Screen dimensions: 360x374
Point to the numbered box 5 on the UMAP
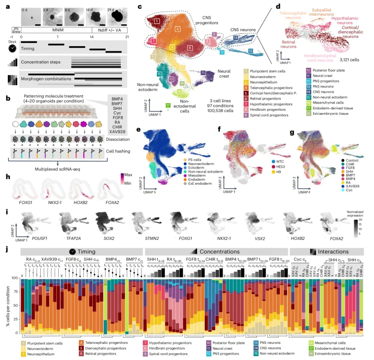pyautogui.click(x=157, y=21)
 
